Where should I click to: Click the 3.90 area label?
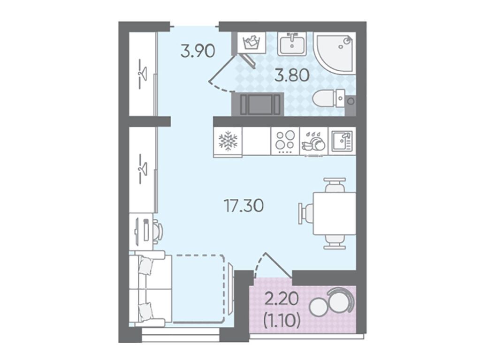(198, 51)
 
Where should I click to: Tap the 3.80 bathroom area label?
(291, 75)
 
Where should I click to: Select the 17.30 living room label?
(244, 205)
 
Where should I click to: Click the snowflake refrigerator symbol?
(228, 141)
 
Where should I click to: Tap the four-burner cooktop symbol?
(285, 141)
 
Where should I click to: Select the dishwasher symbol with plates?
(313, 142)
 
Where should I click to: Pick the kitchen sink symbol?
(342, 141)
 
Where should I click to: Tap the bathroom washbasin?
(292, 44)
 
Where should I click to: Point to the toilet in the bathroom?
(329, 98)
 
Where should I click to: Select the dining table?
(334, 213)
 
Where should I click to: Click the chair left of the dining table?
(306, 213)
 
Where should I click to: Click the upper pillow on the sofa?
(145, 265)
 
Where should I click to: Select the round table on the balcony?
(319, 307)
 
